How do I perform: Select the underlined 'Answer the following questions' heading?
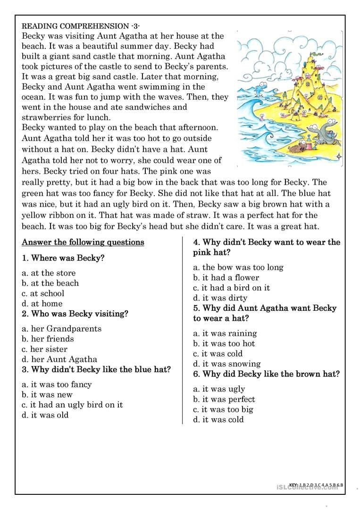(83, 242)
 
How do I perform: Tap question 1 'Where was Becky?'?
(63, 258)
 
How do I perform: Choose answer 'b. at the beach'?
(50, 283)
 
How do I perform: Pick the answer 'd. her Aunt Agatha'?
(59, 359)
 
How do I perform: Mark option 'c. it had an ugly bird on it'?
(72, 405)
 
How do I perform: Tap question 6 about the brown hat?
(266, 374)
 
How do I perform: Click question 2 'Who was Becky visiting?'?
(75, 314)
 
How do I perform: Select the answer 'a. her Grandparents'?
(62, 328)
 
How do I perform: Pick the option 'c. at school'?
(43, 293)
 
